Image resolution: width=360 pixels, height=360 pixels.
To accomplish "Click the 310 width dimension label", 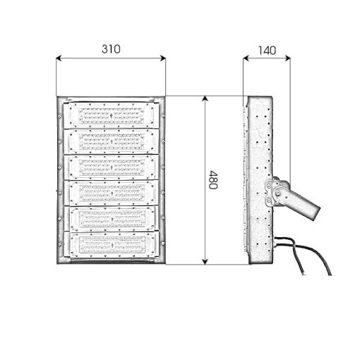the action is (x=111, y=49).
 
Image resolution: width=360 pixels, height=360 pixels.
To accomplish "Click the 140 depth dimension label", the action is (x=267, y=50).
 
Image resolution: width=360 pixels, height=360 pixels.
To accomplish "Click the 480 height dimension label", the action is (x=213, y=180).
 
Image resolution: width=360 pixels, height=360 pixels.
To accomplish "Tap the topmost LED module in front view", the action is (x=112, y=115).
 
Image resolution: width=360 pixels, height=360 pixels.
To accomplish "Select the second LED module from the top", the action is (x=112, y=141).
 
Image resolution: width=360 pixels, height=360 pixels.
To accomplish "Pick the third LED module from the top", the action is (x=112, y=167).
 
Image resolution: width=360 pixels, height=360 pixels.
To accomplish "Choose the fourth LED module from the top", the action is (x=112, y=193).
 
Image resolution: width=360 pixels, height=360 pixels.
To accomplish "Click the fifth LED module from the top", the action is (x=112, y=219).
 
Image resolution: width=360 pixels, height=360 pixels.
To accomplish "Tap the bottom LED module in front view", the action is (x=112, y=245).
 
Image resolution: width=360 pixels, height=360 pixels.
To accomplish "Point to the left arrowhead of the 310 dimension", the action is (x=59, y=58).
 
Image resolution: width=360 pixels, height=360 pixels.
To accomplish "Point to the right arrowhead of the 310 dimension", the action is (x=163, y=58).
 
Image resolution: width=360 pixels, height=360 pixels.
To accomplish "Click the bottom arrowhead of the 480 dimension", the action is (x=205, y=262).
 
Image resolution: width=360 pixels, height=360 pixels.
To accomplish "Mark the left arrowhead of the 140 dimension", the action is (x=246, y=58).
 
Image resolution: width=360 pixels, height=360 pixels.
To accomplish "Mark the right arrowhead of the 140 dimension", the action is (x=287, y=58).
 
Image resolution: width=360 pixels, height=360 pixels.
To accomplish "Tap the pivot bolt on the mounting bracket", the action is (x=277, y=193).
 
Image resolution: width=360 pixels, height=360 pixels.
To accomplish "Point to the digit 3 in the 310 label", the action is (x=104, y=49).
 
